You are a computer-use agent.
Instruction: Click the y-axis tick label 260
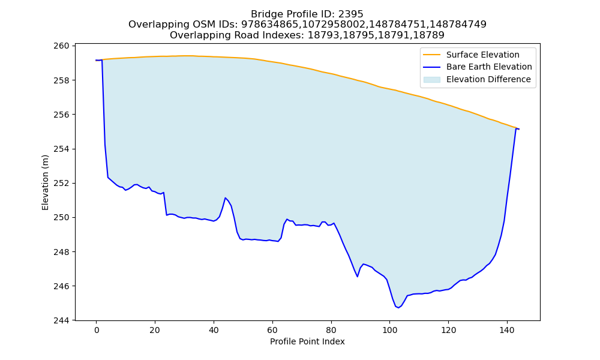(x=61, y=46)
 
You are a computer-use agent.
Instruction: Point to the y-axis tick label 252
(x=61, y=183)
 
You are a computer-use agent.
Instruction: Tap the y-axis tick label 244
(x=61, y=320)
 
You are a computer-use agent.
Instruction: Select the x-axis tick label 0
(x=97, y=330)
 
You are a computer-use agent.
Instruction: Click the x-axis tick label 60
(x=272, y=330)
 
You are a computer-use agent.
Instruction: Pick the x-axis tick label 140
(x=507, y=330)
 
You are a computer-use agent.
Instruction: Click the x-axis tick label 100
(x=389, y=330)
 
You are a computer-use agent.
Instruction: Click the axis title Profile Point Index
(x=307, y=341)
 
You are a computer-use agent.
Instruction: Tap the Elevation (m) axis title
(x=45, y=182)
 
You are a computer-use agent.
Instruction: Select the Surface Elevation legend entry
(x=471, y=55)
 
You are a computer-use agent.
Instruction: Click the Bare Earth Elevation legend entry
(x=478, y=67)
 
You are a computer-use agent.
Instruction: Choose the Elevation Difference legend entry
(x=477, y=80)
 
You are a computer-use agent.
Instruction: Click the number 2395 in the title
(x=351, y=14)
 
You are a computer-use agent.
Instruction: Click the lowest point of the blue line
(x=398, y=308)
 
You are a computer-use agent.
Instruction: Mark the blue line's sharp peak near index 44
(x=226, y=198)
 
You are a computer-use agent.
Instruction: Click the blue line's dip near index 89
(x=358, y=277)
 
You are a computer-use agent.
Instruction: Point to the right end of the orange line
(x=518, y=128)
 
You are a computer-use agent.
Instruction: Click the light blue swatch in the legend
(x=431, y=80)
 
